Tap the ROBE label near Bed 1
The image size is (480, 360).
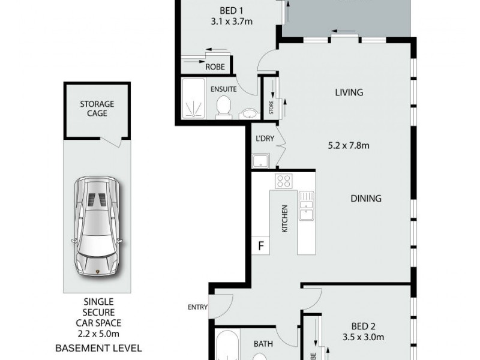pos(215,67)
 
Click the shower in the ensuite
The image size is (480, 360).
pos(194,99)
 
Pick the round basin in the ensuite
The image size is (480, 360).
pos(250,113)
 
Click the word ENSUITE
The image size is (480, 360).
pos(223,89)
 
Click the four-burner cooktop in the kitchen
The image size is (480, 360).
pos(283,181)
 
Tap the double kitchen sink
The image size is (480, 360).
pos(307,204)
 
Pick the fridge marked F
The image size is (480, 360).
pos(261,245)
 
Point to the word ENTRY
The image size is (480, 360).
pos(197,307)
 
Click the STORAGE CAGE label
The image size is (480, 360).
pos(97,108)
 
